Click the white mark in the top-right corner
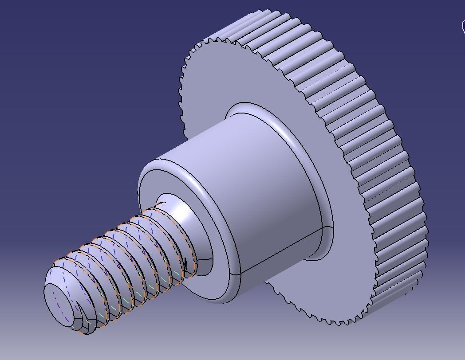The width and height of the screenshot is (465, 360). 462,27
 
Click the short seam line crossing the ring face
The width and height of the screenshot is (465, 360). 204,259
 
